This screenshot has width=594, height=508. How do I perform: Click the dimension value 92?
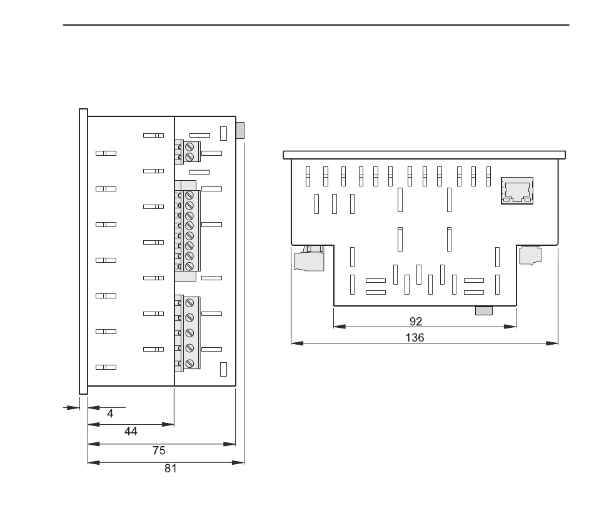[416, 322]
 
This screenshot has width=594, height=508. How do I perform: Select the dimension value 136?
[415, 337]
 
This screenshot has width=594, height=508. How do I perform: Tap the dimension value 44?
[131, 431]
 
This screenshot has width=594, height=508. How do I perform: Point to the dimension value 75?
[159, 450]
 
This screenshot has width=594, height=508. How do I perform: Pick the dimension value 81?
[171, 469]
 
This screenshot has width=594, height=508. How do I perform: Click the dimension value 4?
[110, 414]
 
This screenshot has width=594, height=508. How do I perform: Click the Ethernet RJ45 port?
[517, 191]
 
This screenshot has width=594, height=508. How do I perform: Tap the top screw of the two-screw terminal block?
[189, 146]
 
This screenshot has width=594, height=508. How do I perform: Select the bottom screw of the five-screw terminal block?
[189, 364]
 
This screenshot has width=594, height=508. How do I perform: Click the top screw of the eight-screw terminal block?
[189, 195]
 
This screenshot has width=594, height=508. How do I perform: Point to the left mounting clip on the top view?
[309, 258]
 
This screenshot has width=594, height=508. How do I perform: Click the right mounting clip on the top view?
[530, 255]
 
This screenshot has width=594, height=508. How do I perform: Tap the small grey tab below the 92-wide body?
[484, 311]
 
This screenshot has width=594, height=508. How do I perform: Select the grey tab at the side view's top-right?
[240, 130]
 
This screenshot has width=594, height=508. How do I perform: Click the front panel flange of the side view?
[83, 251]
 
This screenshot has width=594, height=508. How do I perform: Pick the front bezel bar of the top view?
[425, 155]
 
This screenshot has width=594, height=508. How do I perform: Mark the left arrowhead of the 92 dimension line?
[340, 327]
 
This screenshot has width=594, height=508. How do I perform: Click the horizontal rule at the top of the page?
[316, 25]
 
